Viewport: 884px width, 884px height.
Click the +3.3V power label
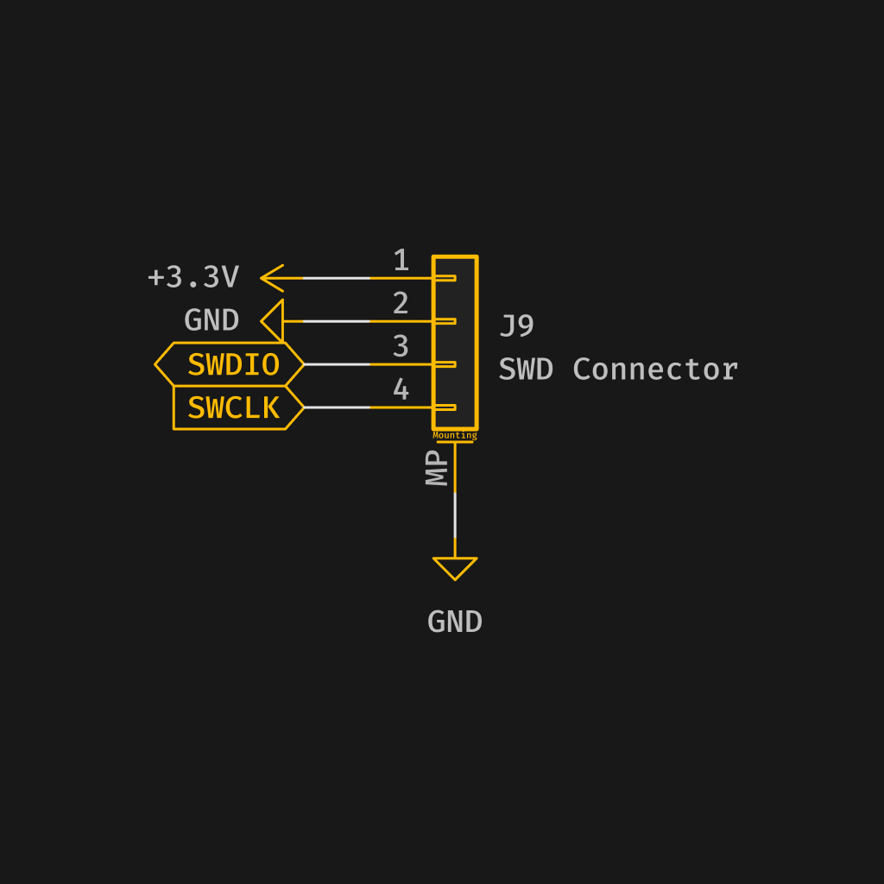[193, 277]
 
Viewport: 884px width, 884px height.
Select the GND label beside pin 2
[212, 320]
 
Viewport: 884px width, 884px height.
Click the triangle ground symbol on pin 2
[274, 321]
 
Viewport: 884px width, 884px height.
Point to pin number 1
[401, 261]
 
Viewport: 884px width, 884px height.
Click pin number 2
[401, 304]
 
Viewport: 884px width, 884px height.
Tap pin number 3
[401, 347]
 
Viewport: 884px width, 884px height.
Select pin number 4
[401, 390]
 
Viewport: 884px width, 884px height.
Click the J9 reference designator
[516, 326]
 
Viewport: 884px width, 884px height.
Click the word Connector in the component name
[654, 369]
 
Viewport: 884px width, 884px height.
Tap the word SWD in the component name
[526, 369]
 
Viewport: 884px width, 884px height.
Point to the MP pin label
[438, 468]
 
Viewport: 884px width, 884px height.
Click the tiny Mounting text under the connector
[455, 436]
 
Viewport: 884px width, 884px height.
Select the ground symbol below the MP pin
[455, 567]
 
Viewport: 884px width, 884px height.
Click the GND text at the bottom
[455, 622]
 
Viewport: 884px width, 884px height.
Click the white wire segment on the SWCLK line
[337, 407]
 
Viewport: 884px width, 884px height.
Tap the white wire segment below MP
[455, 515]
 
